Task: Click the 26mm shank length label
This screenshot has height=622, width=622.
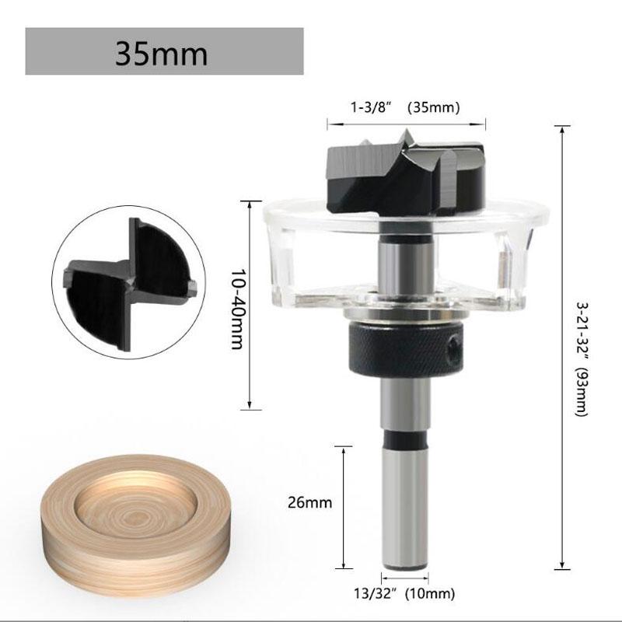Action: (310, 502)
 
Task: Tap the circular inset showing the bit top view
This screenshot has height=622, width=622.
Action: (130, 278)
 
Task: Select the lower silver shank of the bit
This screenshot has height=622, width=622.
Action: (405, 505)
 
